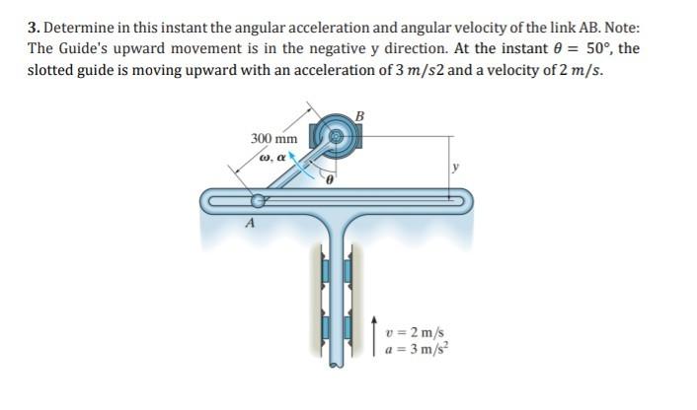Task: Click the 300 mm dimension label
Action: click(273, 139)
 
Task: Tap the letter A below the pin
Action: click(249, 223)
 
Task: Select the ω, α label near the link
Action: click(272, 157)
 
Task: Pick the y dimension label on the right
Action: click(455, 168)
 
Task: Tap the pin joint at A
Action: click(259, 201)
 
